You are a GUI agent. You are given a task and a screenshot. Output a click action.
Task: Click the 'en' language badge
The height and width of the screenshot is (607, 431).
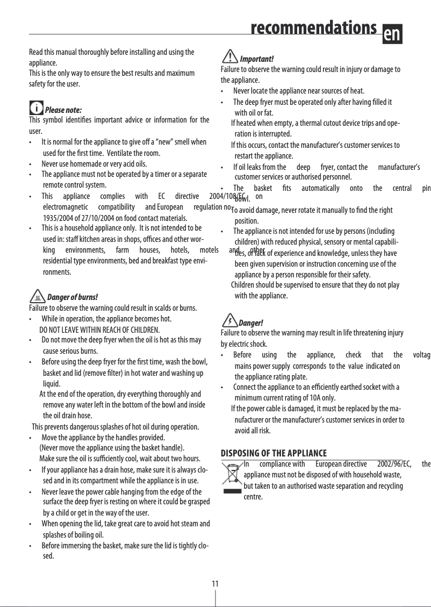pyautogui.click(x=392, y=33)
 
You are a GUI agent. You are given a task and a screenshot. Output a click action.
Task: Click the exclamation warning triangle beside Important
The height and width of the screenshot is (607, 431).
pyautogui.click(x=230, y=56)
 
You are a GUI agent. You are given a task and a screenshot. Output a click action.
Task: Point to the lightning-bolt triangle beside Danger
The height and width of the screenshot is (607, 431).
pyautogui.click(x=229, y=321)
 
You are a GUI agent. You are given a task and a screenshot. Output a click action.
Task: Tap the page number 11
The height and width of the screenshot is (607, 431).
pyautogui.click(x=215, y=583)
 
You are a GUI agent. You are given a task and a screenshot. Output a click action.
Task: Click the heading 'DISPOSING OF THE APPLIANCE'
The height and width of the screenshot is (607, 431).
pyautogui.click(x=274, y=453)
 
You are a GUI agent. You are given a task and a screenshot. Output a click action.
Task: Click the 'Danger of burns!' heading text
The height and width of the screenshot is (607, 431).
pyautogui.click(x=73, y=297)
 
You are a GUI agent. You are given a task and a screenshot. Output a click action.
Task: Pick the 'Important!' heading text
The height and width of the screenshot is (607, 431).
pyautogui.click(x=257, y=59)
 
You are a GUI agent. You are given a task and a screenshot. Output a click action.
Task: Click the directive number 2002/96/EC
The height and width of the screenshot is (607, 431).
pyautogui.click(x=394, y=464)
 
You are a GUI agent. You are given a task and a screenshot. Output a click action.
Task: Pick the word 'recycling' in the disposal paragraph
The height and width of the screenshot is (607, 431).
pyautogui.click(x=389, y=485)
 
